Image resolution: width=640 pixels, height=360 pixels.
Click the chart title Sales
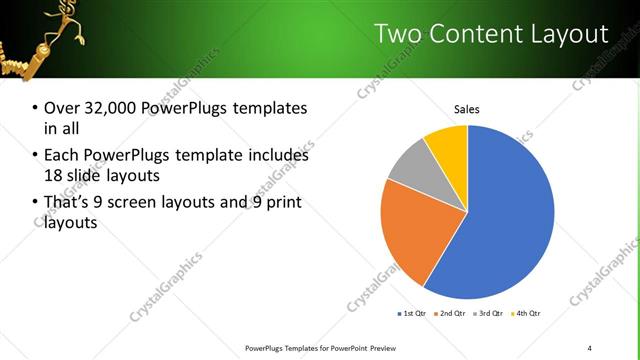click(x=467, y=108)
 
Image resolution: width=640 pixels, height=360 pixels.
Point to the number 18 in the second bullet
click(x=55, y=176)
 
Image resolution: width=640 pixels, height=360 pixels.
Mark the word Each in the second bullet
click(x=61, y=156)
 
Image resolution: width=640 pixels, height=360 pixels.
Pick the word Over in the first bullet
click(x=61, y=108)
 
